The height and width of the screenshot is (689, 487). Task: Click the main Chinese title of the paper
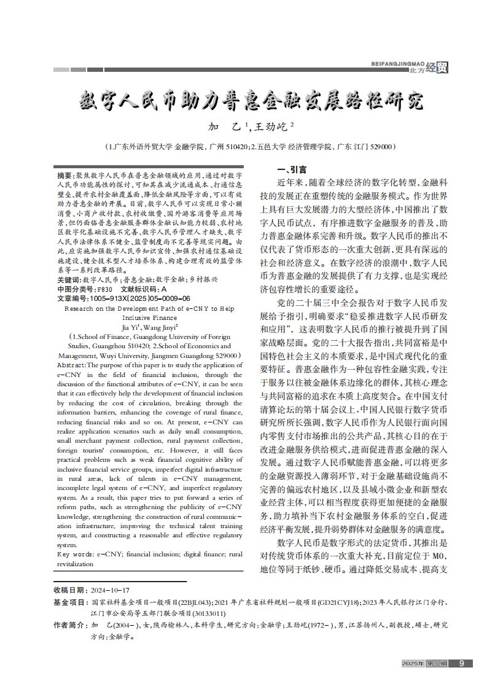tap(252, 100)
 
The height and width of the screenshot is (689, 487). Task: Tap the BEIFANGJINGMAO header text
tap(398, 63)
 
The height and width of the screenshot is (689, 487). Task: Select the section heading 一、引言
tap(292, 169)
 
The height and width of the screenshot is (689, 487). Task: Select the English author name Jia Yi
tap(130, 328)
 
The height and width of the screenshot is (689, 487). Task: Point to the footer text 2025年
tap(412, 663)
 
